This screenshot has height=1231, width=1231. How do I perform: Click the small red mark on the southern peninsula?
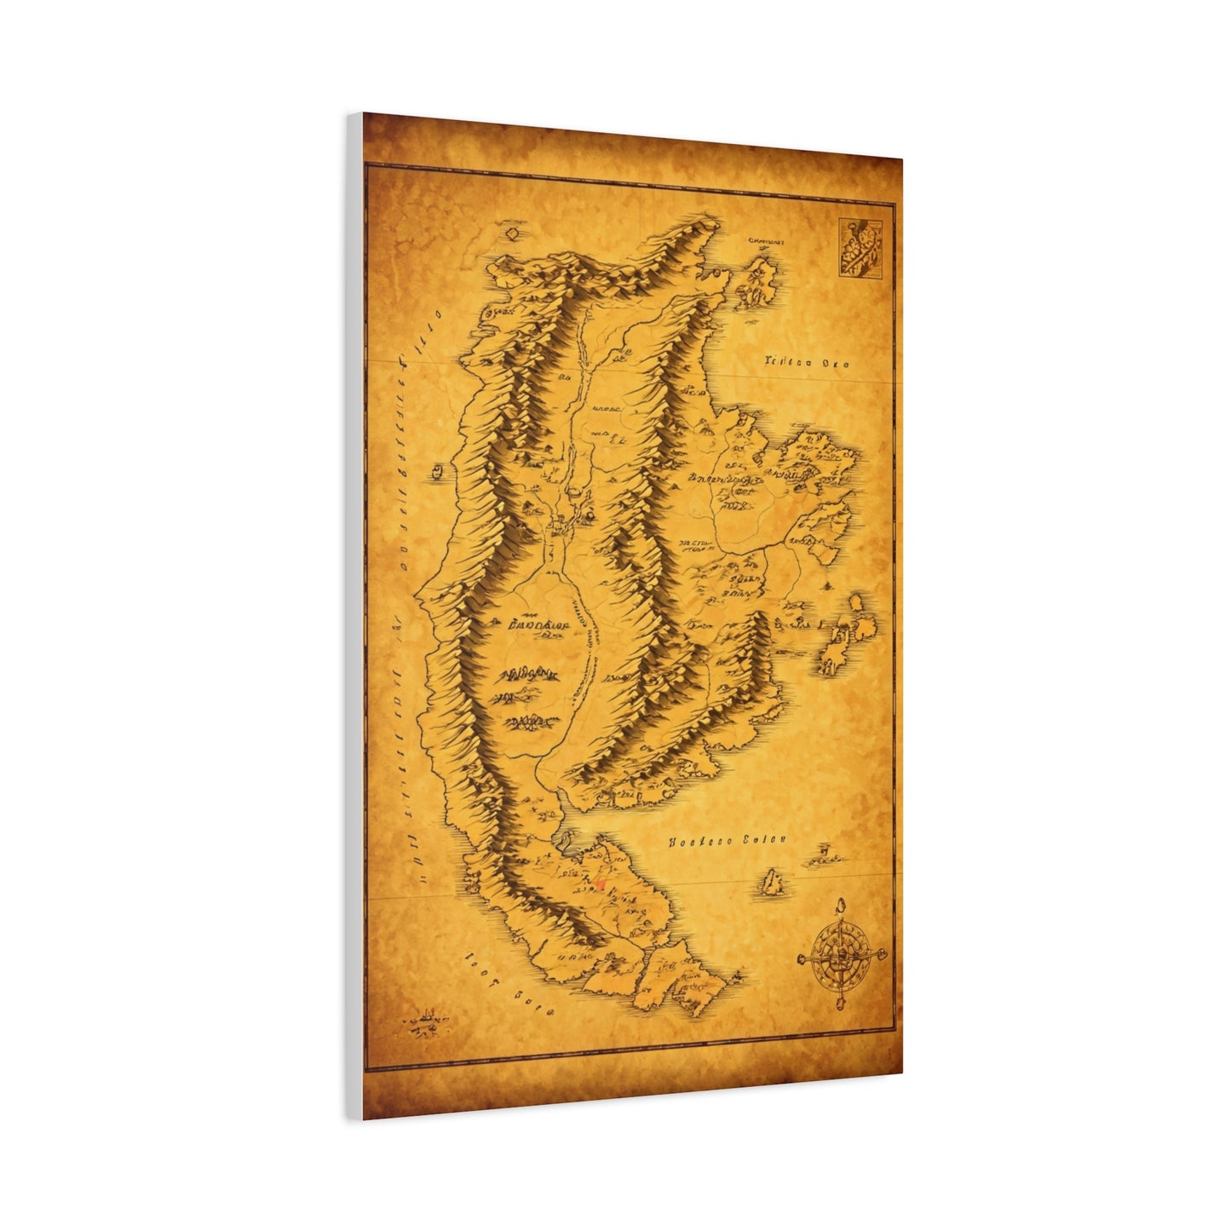(x=601, y=885)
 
